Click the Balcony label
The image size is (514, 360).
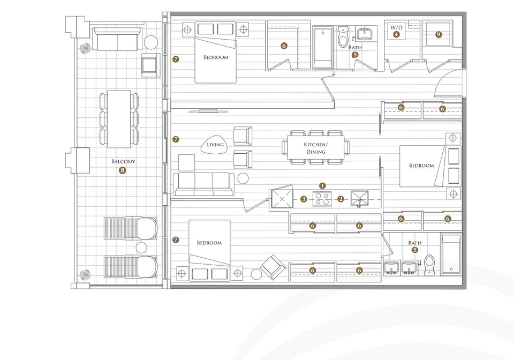123,161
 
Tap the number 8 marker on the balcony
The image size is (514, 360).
123,170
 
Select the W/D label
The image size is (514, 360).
396,27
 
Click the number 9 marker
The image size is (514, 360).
439,34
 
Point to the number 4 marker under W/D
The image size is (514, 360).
396,34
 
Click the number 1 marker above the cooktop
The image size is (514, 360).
322,186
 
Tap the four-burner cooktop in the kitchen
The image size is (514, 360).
322,199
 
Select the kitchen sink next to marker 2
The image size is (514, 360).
360,199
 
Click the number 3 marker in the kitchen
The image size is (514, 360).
304,199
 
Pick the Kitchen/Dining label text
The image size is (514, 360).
315,148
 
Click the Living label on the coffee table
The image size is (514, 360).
215,145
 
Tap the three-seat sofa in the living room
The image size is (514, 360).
204,184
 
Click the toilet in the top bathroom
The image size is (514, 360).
343,37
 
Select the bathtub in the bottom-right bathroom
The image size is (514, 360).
451,254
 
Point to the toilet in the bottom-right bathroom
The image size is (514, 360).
429,265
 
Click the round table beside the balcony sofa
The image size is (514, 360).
151,42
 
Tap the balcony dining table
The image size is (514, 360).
119,119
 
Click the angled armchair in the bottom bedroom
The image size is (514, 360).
273,267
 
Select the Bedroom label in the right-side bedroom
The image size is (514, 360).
421,166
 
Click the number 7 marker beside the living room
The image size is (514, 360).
176,139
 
